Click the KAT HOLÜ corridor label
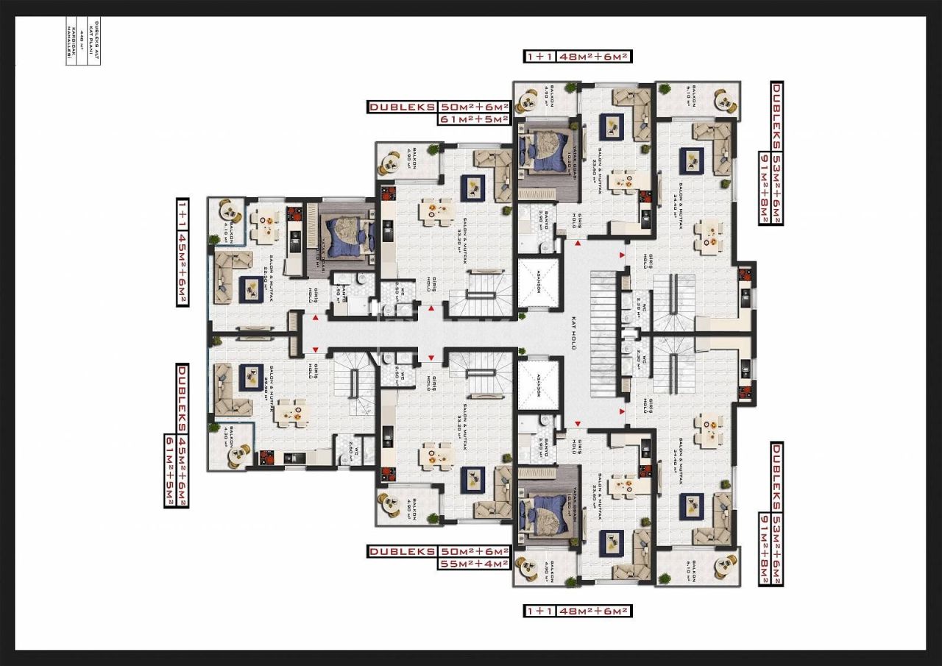[573, 333]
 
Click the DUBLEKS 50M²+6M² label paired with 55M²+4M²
[439, 551]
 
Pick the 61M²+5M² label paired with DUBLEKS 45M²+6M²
[170, 471]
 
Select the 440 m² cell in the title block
[82, 43]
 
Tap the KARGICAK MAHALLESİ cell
[71, 43]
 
